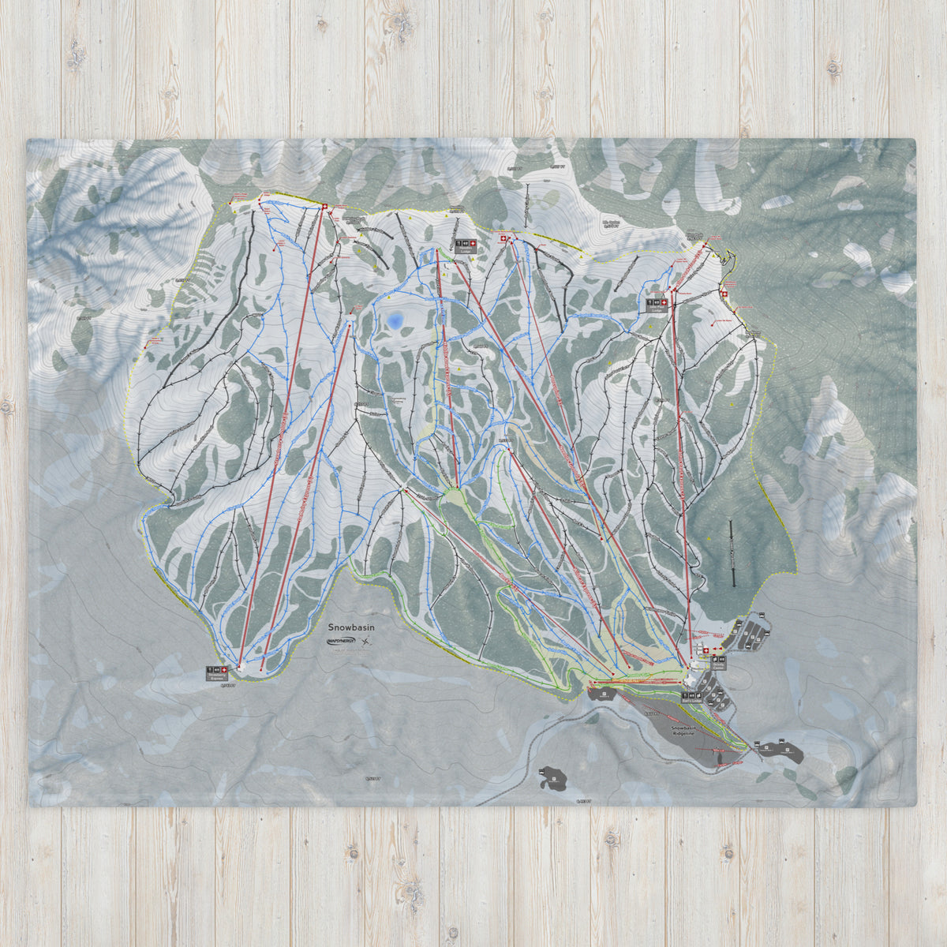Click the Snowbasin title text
[354, 627]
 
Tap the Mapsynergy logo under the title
[342, 641]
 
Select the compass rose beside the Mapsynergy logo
[365, 641]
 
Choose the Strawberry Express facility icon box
[216, 671]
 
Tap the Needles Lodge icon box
[466, 245]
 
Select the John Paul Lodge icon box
[657, 302]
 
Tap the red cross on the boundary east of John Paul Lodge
[724, 293]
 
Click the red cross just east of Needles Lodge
[502, 238]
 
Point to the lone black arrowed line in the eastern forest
[733, 552]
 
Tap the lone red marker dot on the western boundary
[147, 345]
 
